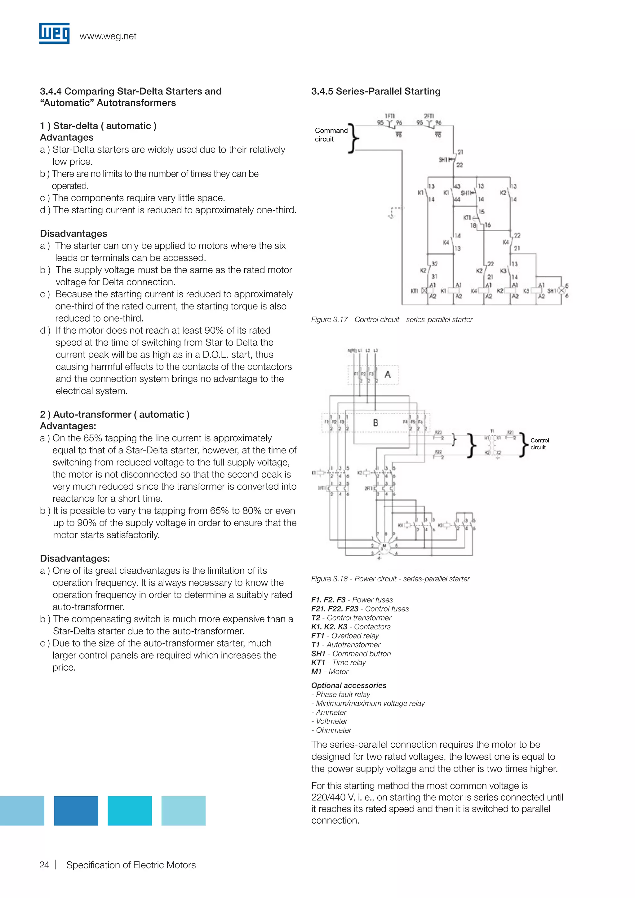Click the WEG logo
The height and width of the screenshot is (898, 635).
[54, 33]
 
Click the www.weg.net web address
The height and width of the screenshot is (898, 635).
[108, 36]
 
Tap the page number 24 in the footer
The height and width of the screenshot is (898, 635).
[44, 865]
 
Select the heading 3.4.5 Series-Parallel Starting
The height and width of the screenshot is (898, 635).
[376, 91]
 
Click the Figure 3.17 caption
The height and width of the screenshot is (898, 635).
[392, 320]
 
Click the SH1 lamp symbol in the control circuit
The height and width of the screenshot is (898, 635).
[562, 291]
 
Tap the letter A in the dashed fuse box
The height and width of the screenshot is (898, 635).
[388, 374]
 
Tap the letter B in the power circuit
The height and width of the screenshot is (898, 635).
[376, 422]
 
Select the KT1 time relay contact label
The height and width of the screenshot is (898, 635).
[467, 217]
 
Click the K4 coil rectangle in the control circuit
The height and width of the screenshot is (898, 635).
[483, 291]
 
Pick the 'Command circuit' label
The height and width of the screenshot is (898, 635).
[331, 135]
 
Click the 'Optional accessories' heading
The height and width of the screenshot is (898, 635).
[349, 685]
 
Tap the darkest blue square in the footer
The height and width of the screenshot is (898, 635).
[76, 811]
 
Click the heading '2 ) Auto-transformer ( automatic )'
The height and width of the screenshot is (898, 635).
[114, 414]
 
